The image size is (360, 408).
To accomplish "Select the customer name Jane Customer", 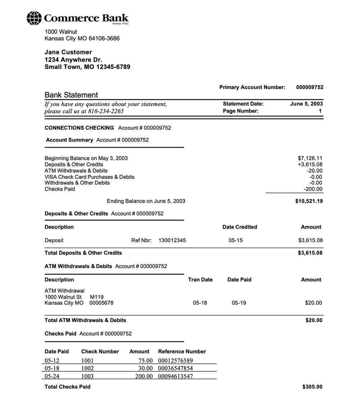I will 68,52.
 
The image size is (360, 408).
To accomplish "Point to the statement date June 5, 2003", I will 306,104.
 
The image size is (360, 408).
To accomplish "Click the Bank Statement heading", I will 71,95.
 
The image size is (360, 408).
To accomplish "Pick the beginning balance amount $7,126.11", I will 310,158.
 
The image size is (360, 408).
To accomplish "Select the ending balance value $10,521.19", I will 309,201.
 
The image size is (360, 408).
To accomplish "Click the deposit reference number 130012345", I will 172,240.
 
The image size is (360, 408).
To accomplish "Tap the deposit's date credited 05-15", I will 235,240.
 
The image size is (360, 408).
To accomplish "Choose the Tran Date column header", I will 200,280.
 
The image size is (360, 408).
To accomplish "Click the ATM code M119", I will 97,297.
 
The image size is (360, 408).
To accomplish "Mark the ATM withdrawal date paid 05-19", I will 239,303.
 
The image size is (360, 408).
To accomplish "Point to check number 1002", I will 87,368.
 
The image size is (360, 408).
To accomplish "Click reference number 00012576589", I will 176,361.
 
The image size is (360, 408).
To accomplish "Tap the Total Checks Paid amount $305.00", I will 312,387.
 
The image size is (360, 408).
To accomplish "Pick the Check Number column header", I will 100,352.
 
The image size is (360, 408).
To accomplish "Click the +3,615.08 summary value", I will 310,164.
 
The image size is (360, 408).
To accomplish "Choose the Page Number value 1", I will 320,111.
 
